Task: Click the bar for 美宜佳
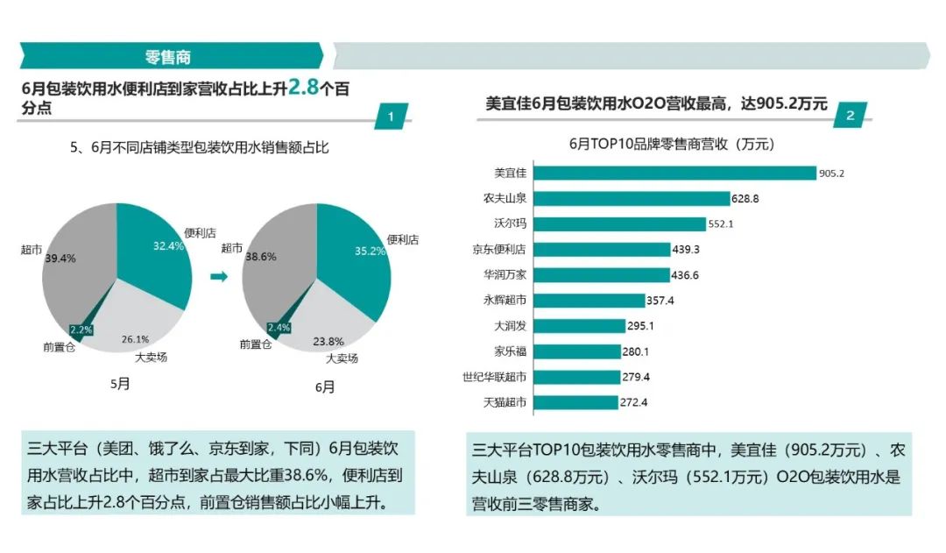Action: click(674, 173)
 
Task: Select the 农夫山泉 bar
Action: click(631, 198)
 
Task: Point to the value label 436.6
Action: click(685, 275)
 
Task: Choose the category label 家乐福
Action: click(510, 351)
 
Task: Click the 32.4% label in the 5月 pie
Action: click(168, 246)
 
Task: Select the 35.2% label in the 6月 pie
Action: click(369, 251)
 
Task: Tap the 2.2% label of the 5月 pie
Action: click(81, 330)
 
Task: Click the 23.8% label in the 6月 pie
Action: click(328, 341)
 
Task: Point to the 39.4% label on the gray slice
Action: click(61, 259)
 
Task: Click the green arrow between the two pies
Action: click(219, 276)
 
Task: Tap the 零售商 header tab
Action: click(168, 57)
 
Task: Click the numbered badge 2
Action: click(850, 116)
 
